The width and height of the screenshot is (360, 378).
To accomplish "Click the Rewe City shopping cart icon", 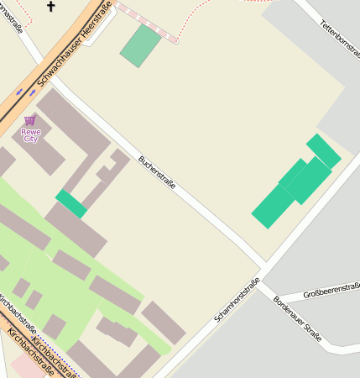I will tap(30, 120).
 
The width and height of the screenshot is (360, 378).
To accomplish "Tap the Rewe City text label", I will tap(30, 134).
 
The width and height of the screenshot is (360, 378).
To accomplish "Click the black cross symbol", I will tap(51, 8).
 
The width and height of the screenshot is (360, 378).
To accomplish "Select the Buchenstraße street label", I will tap(158, 171).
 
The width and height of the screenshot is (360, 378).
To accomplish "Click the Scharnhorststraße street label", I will tap(237, 300).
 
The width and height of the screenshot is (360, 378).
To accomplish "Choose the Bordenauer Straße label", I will tap(297, 318).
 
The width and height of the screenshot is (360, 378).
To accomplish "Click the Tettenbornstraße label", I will tap(339, 39).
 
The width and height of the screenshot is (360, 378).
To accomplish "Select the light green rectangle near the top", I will tap(140, 45).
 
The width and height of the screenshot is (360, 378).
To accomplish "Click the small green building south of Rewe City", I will tap(71, 203).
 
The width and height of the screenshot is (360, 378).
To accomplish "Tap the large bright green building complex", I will tap(295, 183).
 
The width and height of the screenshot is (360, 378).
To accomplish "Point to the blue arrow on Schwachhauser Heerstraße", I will tap(18, 89).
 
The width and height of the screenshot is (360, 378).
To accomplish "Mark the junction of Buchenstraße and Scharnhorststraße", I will tap(264, 267).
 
